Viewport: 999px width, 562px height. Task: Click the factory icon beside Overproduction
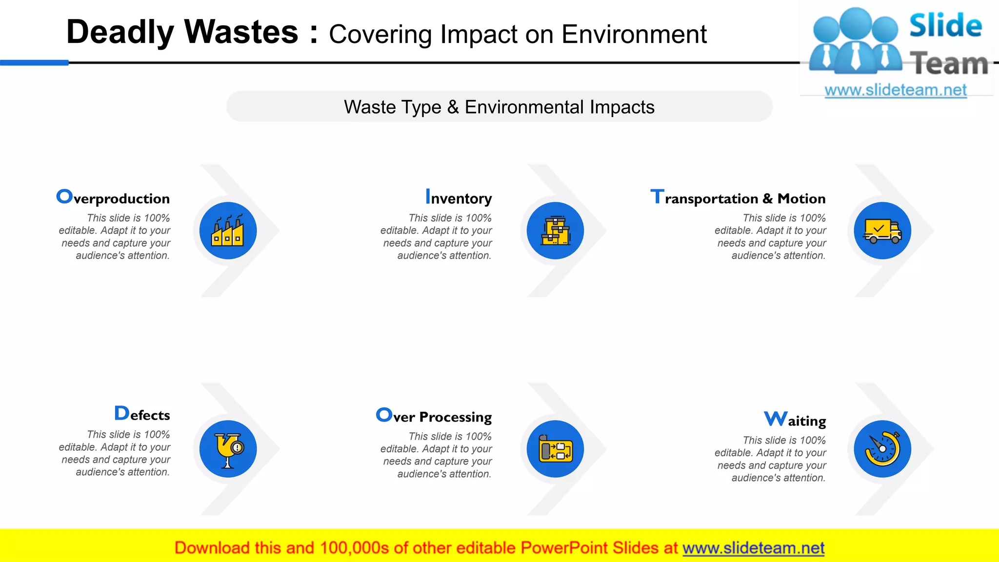pos(228,231)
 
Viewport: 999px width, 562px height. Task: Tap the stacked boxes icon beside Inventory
pos(555,231)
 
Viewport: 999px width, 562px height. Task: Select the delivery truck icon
pos(882,231)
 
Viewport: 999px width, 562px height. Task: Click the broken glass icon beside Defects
pos(228,449)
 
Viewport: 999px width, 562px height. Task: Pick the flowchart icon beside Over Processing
pos(555,449)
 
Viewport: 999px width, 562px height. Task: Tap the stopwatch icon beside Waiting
pos(882,449)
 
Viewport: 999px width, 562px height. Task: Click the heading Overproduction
pos(113,198)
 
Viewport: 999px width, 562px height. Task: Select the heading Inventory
pos(459,198)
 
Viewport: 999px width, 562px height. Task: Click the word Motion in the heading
pos(801,199)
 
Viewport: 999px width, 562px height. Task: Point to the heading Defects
pos(142,414)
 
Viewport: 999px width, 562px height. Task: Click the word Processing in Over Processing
pos(455,417)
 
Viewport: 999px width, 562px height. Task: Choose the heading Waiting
pos(795,420)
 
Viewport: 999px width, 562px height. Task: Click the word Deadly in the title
pos(120,32)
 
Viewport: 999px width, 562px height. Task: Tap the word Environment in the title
pos(634,35)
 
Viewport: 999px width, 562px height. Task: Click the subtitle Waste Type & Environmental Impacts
pos(499,107)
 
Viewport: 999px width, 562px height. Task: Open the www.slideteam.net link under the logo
pos(896,90)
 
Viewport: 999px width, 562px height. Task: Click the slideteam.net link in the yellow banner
pos(753,548)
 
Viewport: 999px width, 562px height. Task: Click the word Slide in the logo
pos(945,25)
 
